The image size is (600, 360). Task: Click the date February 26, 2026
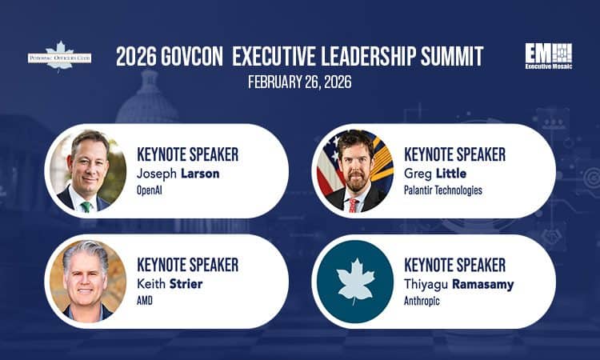tap(300, 82)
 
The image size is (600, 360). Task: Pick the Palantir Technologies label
tap(443, 190)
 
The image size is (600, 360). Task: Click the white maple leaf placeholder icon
tap(354, 281)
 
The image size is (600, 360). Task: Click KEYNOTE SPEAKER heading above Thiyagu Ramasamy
tap(455, 264)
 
